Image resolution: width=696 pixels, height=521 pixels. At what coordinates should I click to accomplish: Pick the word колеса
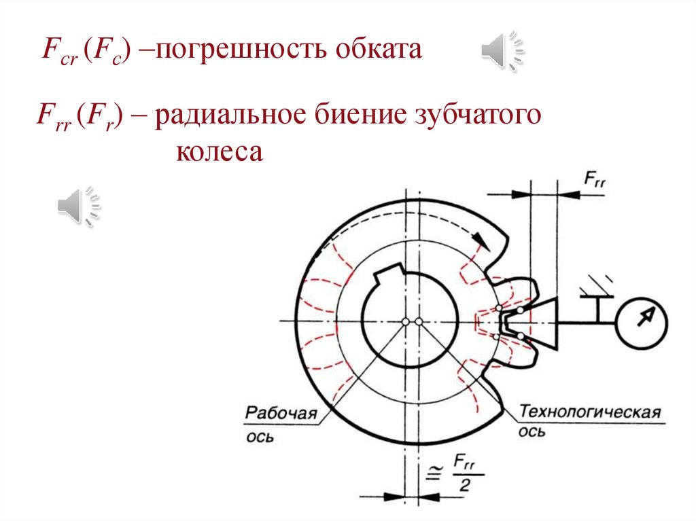(219, 151)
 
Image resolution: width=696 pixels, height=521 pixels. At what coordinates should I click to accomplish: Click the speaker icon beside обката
(504, 50)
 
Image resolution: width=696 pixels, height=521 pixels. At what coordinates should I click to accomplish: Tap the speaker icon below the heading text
(80, 204)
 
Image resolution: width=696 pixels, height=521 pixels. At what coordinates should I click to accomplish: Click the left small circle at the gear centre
(405, 321)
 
